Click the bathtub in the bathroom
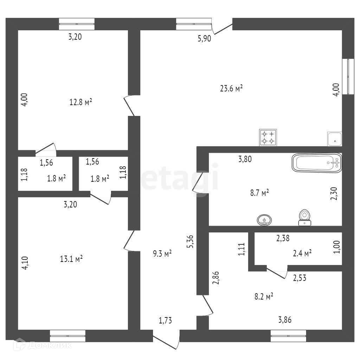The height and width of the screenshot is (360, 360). pos(317,163)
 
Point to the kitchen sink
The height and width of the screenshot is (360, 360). pos(335,139)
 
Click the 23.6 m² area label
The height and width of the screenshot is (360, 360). pos(232,88)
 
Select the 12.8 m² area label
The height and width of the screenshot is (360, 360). pos(81,102)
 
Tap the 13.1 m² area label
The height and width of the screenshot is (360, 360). pos(71,259)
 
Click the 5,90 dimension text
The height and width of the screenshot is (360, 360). pos(204,39)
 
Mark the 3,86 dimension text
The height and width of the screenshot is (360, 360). pos(285,320)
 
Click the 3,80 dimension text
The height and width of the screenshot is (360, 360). pos(245,159)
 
